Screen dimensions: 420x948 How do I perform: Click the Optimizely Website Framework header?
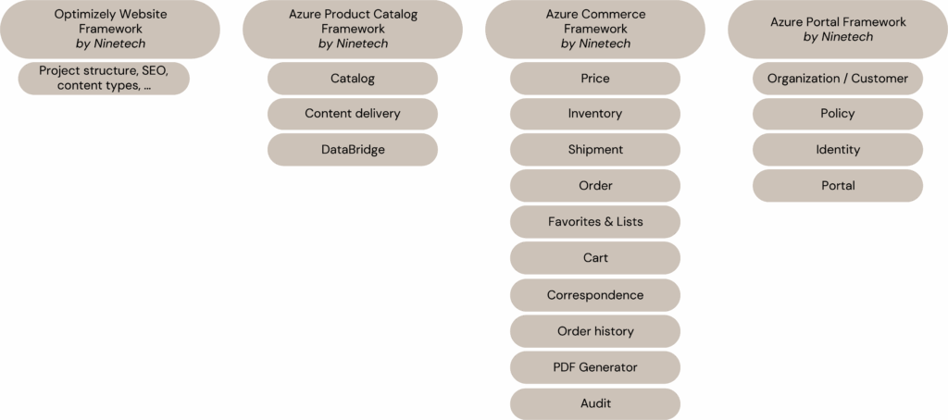coord(111,29)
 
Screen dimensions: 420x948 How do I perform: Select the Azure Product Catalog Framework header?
coord(353,29)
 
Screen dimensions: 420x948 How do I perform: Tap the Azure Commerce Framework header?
coord(595,29)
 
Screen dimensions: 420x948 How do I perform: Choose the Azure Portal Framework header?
coord(838,29)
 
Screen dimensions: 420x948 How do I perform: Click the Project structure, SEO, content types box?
coord(104,79)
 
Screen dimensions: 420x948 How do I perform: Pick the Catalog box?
coord(353,79)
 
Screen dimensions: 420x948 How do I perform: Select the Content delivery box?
coord(353,114)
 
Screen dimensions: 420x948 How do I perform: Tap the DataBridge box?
coord(353,150)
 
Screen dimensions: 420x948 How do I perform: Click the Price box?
coord(595,79)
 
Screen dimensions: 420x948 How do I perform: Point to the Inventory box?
coord(595,114)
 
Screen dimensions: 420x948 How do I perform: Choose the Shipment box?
coord(595,150)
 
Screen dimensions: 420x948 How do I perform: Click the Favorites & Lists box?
coord(595,222)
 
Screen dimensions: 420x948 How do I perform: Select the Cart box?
coord(595,258)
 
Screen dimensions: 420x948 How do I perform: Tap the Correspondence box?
coord(595,295)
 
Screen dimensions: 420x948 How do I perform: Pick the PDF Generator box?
coord(595,367)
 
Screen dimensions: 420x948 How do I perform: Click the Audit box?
coord(595,403)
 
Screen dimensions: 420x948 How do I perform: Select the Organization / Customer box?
coord(838,79)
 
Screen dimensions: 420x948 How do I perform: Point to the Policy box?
coord(838,114)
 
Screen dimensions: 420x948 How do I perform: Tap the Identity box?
coord(838,150)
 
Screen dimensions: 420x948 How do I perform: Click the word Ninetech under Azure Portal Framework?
coord(847,37)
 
